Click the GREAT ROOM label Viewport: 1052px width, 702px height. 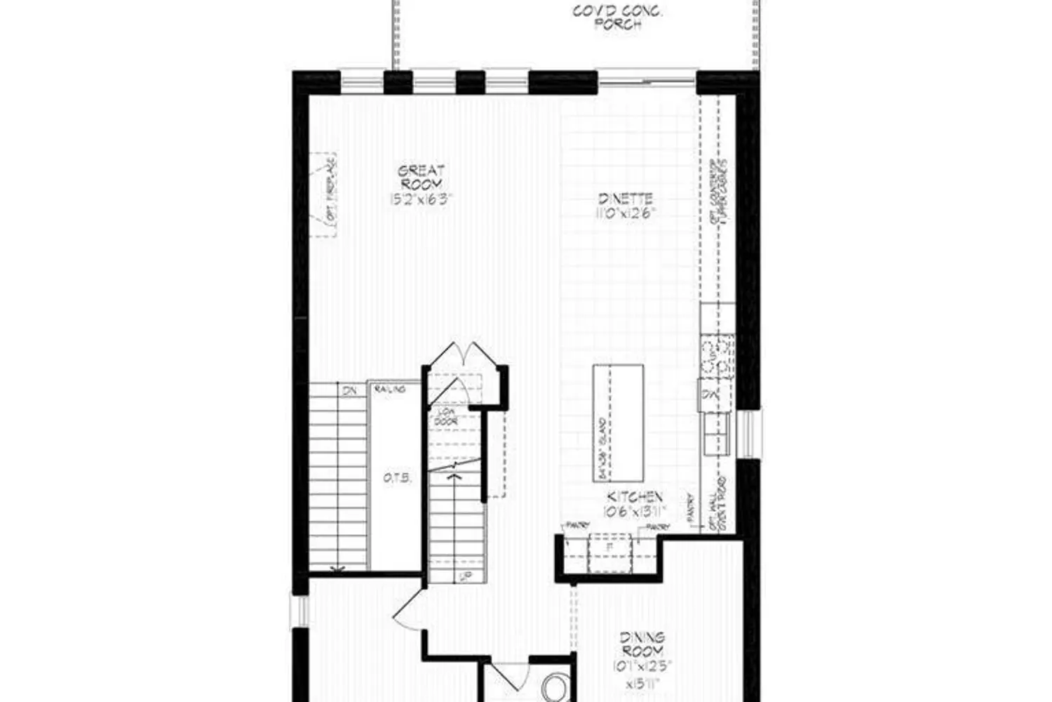pos(421,177)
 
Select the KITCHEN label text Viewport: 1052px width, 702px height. pos(634,497)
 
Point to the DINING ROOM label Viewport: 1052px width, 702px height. pos(642,644)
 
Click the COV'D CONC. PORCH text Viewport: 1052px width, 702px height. pos(618,18)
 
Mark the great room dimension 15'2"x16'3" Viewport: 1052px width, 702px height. pos(421,199)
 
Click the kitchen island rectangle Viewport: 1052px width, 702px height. pos(618,423)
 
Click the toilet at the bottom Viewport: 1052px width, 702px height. pos(557,687)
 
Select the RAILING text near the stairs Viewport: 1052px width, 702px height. pos(389,389)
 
